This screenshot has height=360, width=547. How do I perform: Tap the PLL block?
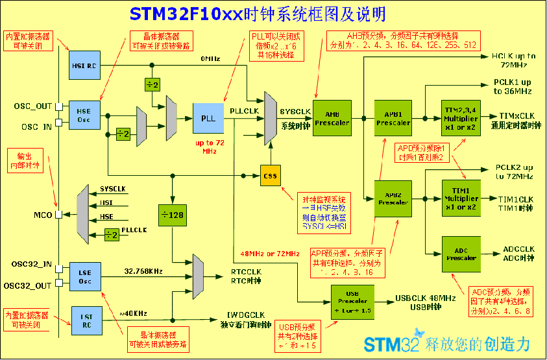pyautogui.click(x=208, y=118)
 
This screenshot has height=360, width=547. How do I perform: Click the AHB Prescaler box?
pyautogui.click(x=332, y=117)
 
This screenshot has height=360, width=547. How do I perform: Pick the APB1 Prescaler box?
pyautogui.click(x=393, y=117)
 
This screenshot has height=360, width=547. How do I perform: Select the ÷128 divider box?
pyautogui.click(x=172, y=215)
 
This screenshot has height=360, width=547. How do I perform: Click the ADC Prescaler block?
pyautogui.click(x=461, y=253)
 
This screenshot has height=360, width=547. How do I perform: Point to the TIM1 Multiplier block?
pyautogui.click(x=461, y=198)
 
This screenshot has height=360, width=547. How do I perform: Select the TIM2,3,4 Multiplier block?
pyautogui.click(x=461, y=117)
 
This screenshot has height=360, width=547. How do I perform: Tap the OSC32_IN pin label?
pyautogui.click(x=32, y=265)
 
